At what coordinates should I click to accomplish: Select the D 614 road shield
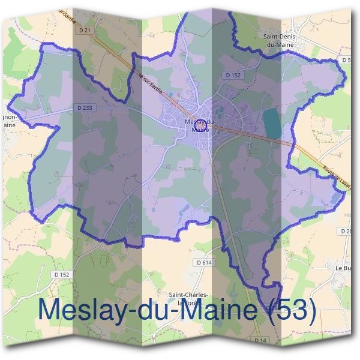click(x=205, y=262)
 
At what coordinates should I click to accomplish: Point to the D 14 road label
click(x=259, y=340)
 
